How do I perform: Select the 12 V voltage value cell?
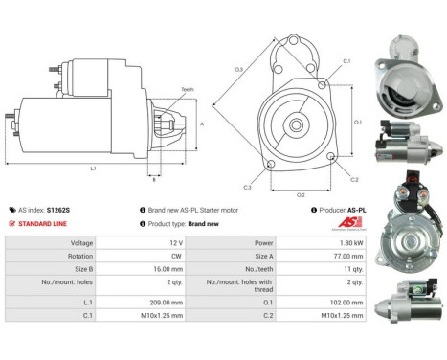coord(144,243)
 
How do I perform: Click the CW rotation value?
coord(145,257)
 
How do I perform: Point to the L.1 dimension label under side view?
coord(94,169)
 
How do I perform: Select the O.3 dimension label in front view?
coord(238,69)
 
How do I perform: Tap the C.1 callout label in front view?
coord(346,61)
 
